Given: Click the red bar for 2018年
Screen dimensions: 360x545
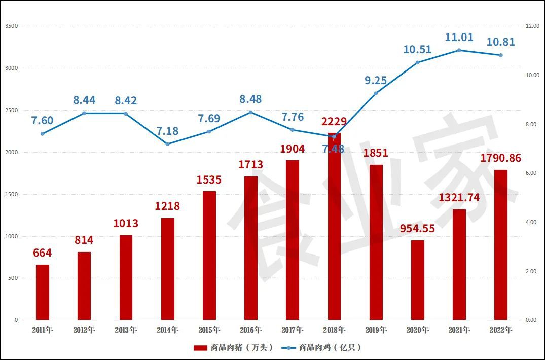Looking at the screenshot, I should click(334, 228).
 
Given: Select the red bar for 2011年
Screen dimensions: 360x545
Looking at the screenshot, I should click(43, 293).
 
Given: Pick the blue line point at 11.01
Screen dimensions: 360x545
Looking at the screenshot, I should click(459, 50).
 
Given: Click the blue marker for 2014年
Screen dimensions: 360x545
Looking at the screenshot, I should click(168, 144).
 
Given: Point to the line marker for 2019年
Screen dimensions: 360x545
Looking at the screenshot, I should click(376, 93).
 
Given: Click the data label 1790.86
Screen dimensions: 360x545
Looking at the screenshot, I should click(500, 158).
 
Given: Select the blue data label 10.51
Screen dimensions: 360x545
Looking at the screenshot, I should click(417, 49).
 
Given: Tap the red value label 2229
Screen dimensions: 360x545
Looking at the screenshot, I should click(334, 122).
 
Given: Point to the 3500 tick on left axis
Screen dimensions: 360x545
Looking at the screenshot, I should click(11, 26).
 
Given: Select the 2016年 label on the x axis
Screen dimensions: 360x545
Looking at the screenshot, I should click(250, 330).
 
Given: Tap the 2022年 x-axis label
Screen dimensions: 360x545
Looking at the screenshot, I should click(501, 330).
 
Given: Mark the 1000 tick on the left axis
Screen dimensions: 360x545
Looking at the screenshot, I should click(11, 236).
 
